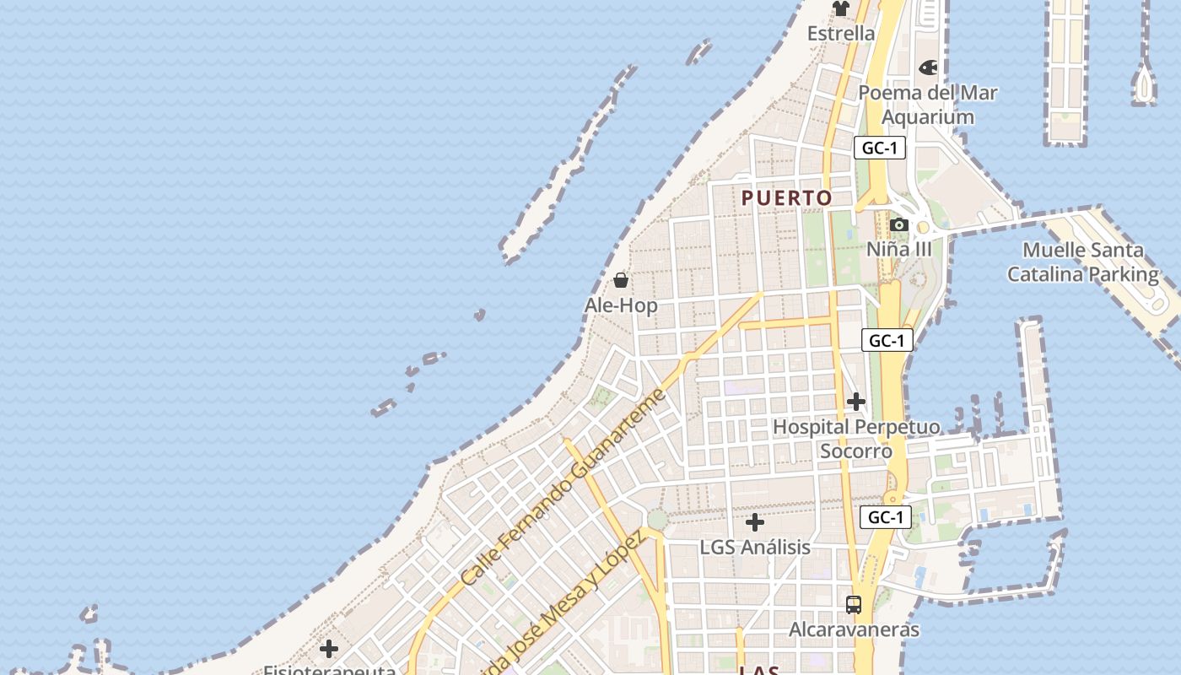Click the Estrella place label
[x=841, y=34]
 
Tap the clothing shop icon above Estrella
[x=841, y=8]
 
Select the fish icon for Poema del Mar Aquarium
[x=928, y=67]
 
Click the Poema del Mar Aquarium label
[x=928, y=105]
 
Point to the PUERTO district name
[x=787, y=198]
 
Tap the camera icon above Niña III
[x=899, y=224]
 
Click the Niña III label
[x=899, y=249]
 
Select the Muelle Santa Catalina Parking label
[x=1083, y=262]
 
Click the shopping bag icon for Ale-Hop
[x=621, y=280]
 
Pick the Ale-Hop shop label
[x=621, y=305]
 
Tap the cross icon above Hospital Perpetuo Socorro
[x=856, y=402]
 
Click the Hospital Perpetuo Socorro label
[x=856, y=439]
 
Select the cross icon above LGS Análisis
[x=755, y=522]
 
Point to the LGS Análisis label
[x=755, y=547]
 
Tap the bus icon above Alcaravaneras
[x=854, y=604]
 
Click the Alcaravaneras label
[x=854, y=629]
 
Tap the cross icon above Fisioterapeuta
[x=329, y=649]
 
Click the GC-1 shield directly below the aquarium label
[x=879, y=148]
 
